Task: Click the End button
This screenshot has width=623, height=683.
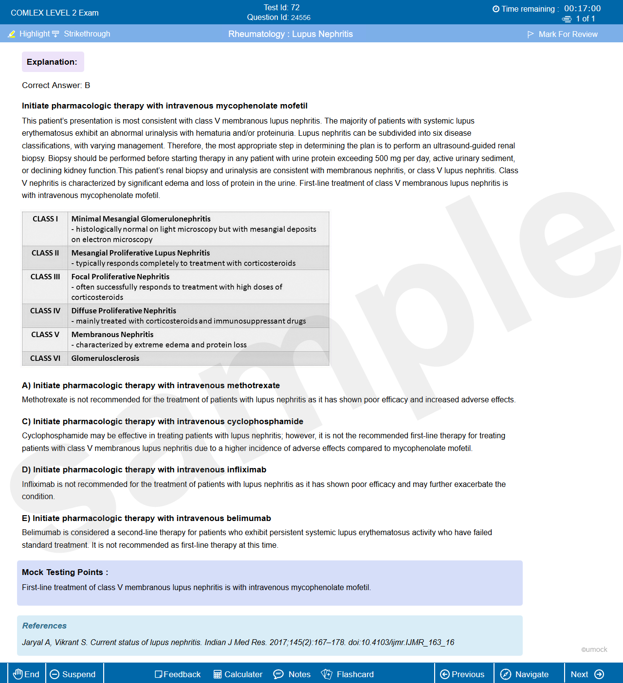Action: [26, 674]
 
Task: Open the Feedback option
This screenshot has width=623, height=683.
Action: [178, 674]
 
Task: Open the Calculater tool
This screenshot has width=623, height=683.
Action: [238, 674]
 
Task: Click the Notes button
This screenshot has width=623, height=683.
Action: [292, 674]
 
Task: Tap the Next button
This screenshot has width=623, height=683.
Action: [587, 674]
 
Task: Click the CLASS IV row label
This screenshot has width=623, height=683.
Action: [45, 311]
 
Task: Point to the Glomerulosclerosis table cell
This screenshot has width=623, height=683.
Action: [105, 359]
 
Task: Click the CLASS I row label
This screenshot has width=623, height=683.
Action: [45, 219]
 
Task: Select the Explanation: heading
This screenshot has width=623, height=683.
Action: [52, 62]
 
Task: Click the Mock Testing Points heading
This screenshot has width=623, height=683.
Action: [65, 572]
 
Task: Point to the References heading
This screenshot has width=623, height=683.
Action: [44, 626]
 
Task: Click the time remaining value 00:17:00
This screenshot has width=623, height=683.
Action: [582, 8]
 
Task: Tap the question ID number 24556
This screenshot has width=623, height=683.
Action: [301, 18]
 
